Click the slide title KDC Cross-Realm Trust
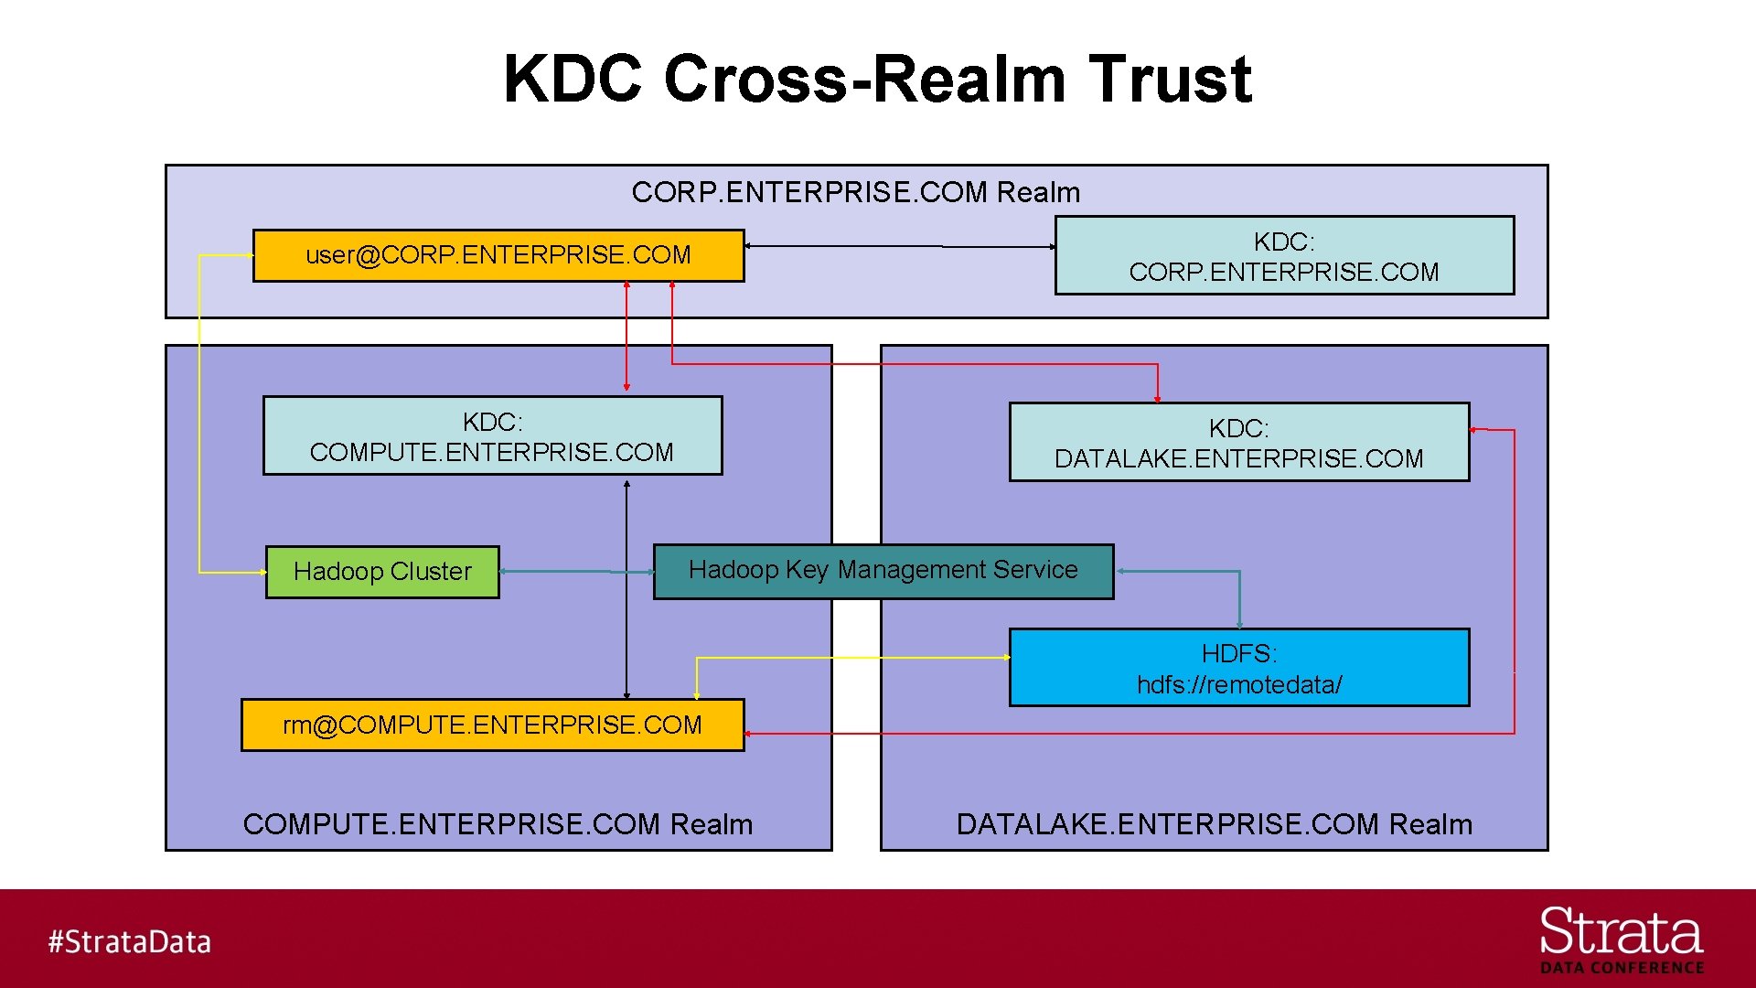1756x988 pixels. (x=877, y=79)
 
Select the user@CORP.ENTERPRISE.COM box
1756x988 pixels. (x=498, y=255)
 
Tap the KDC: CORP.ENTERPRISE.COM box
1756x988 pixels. (x=1284, y=256)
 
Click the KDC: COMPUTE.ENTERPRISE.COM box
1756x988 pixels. (x=492, y=436)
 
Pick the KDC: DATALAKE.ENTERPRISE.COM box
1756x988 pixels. (x=1238, y=443)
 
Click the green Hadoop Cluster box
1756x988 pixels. (x=382, y=572)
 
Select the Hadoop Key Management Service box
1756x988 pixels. (x=883, y=571)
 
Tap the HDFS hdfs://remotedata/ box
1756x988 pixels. (x=1238, y=668)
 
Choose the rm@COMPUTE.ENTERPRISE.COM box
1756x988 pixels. (x=492, y=725)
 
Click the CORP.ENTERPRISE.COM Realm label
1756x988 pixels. (x=855, y=192)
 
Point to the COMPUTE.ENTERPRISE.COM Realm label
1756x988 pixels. (x=498, y=824)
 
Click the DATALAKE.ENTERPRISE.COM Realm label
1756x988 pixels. (x=1214, y=824)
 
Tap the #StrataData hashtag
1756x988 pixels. (x=129, y=941)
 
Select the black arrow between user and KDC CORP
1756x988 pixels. (x=901, y=246)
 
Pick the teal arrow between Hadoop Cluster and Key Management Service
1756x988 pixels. (x=576, y=571)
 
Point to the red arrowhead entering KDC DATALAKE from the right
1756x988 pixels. (x=1475, y=429)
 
